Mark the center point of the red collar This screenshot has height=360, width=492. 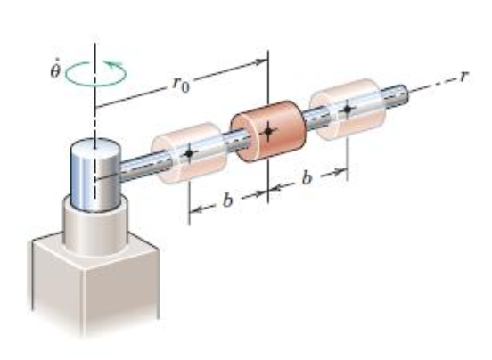[x=268, y=132]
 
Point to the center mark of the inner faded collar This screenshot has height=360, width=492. [x=189, y=154]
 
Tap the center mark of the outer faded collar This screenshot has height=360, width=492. [x=347, y=110]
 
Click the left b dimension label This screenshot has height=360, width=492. [x=227, y=203]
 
